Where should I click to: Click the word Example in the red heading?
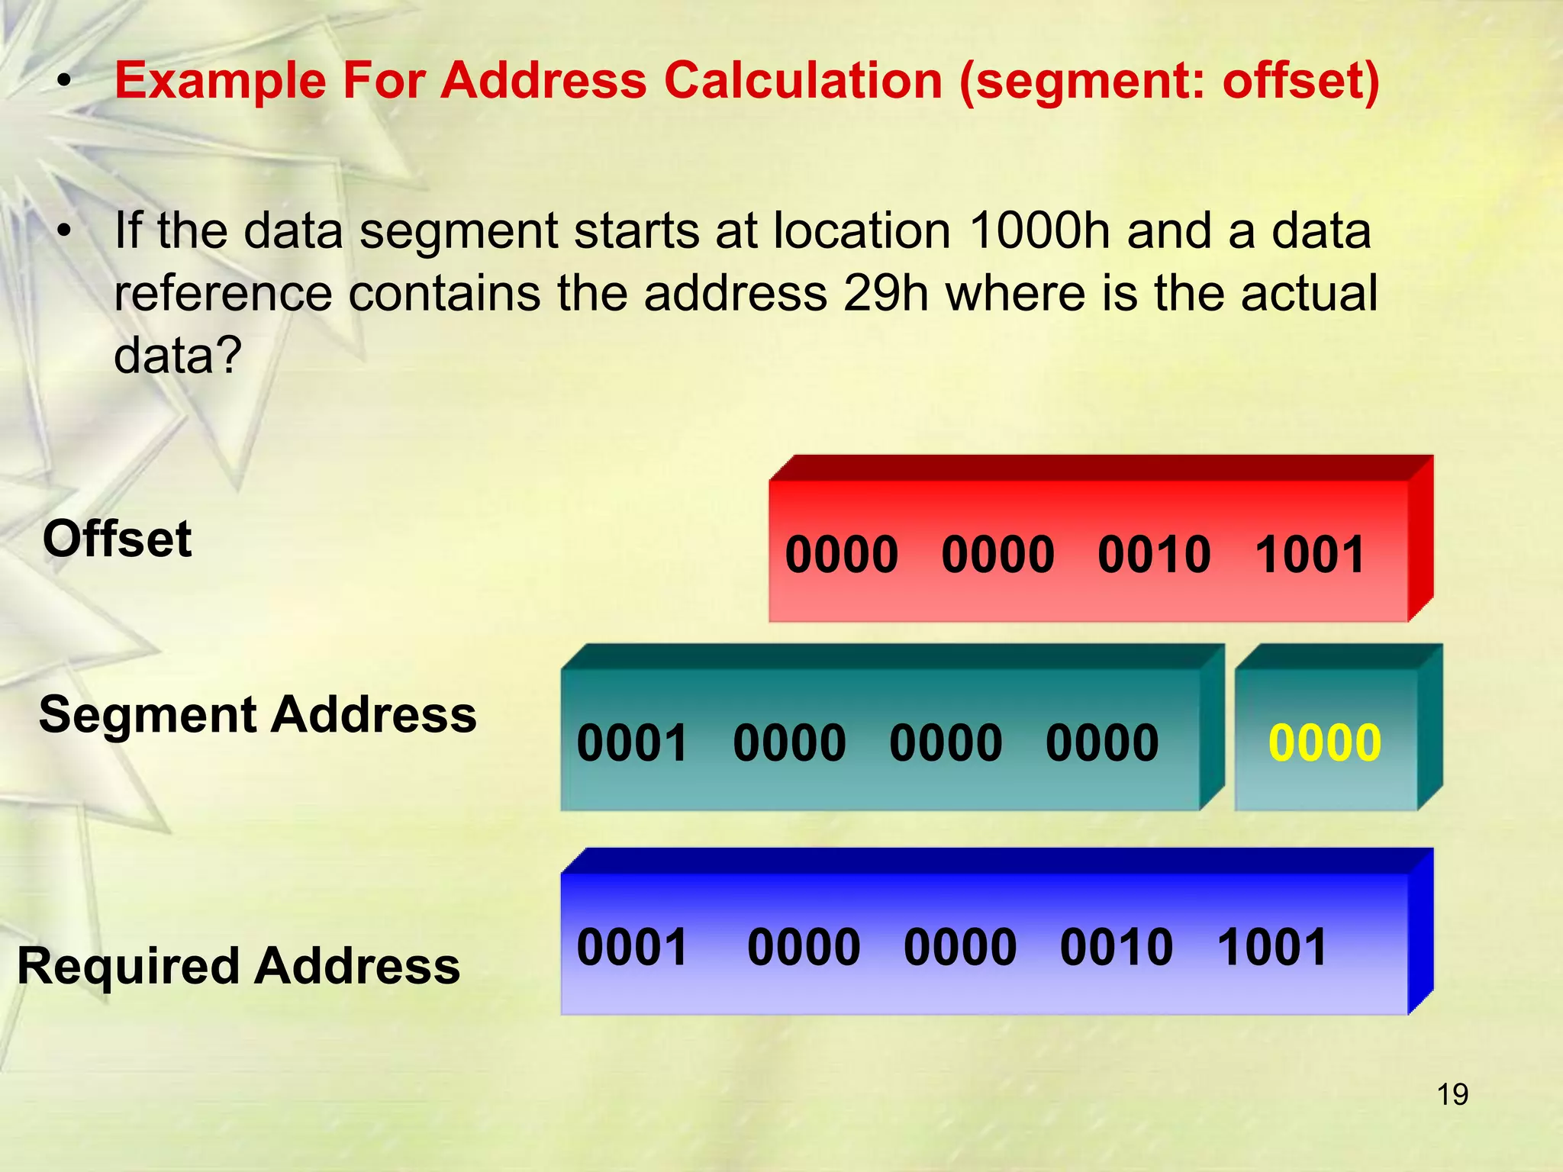point(220,81)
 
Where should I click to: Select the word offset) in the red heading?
point(1300,81)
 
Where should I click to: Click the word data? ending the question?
point(177,356)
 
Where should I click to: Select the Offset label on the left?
point(117,539)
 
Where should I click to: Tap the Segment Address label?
point(257,715)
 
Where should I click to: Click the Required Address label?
point(238,966)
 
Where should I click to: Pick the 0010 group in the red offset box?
point(1154,555)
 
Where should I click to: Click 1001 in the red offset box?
point(1310,555)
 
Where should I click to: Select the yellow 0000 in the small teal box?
point(1324,743)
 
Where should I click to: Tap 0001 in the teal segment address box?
point(633,743)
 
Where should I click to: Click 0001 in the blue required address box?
point(633,948)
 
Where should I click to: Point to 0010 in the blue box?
point(1116,948)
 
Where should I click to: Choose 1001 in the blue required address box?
point(1272,948)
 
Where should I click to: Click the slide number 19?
point(1452,1095)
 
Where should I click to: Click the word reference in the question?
point(223,293)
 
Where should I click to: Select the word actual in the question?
point(1309,293)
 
